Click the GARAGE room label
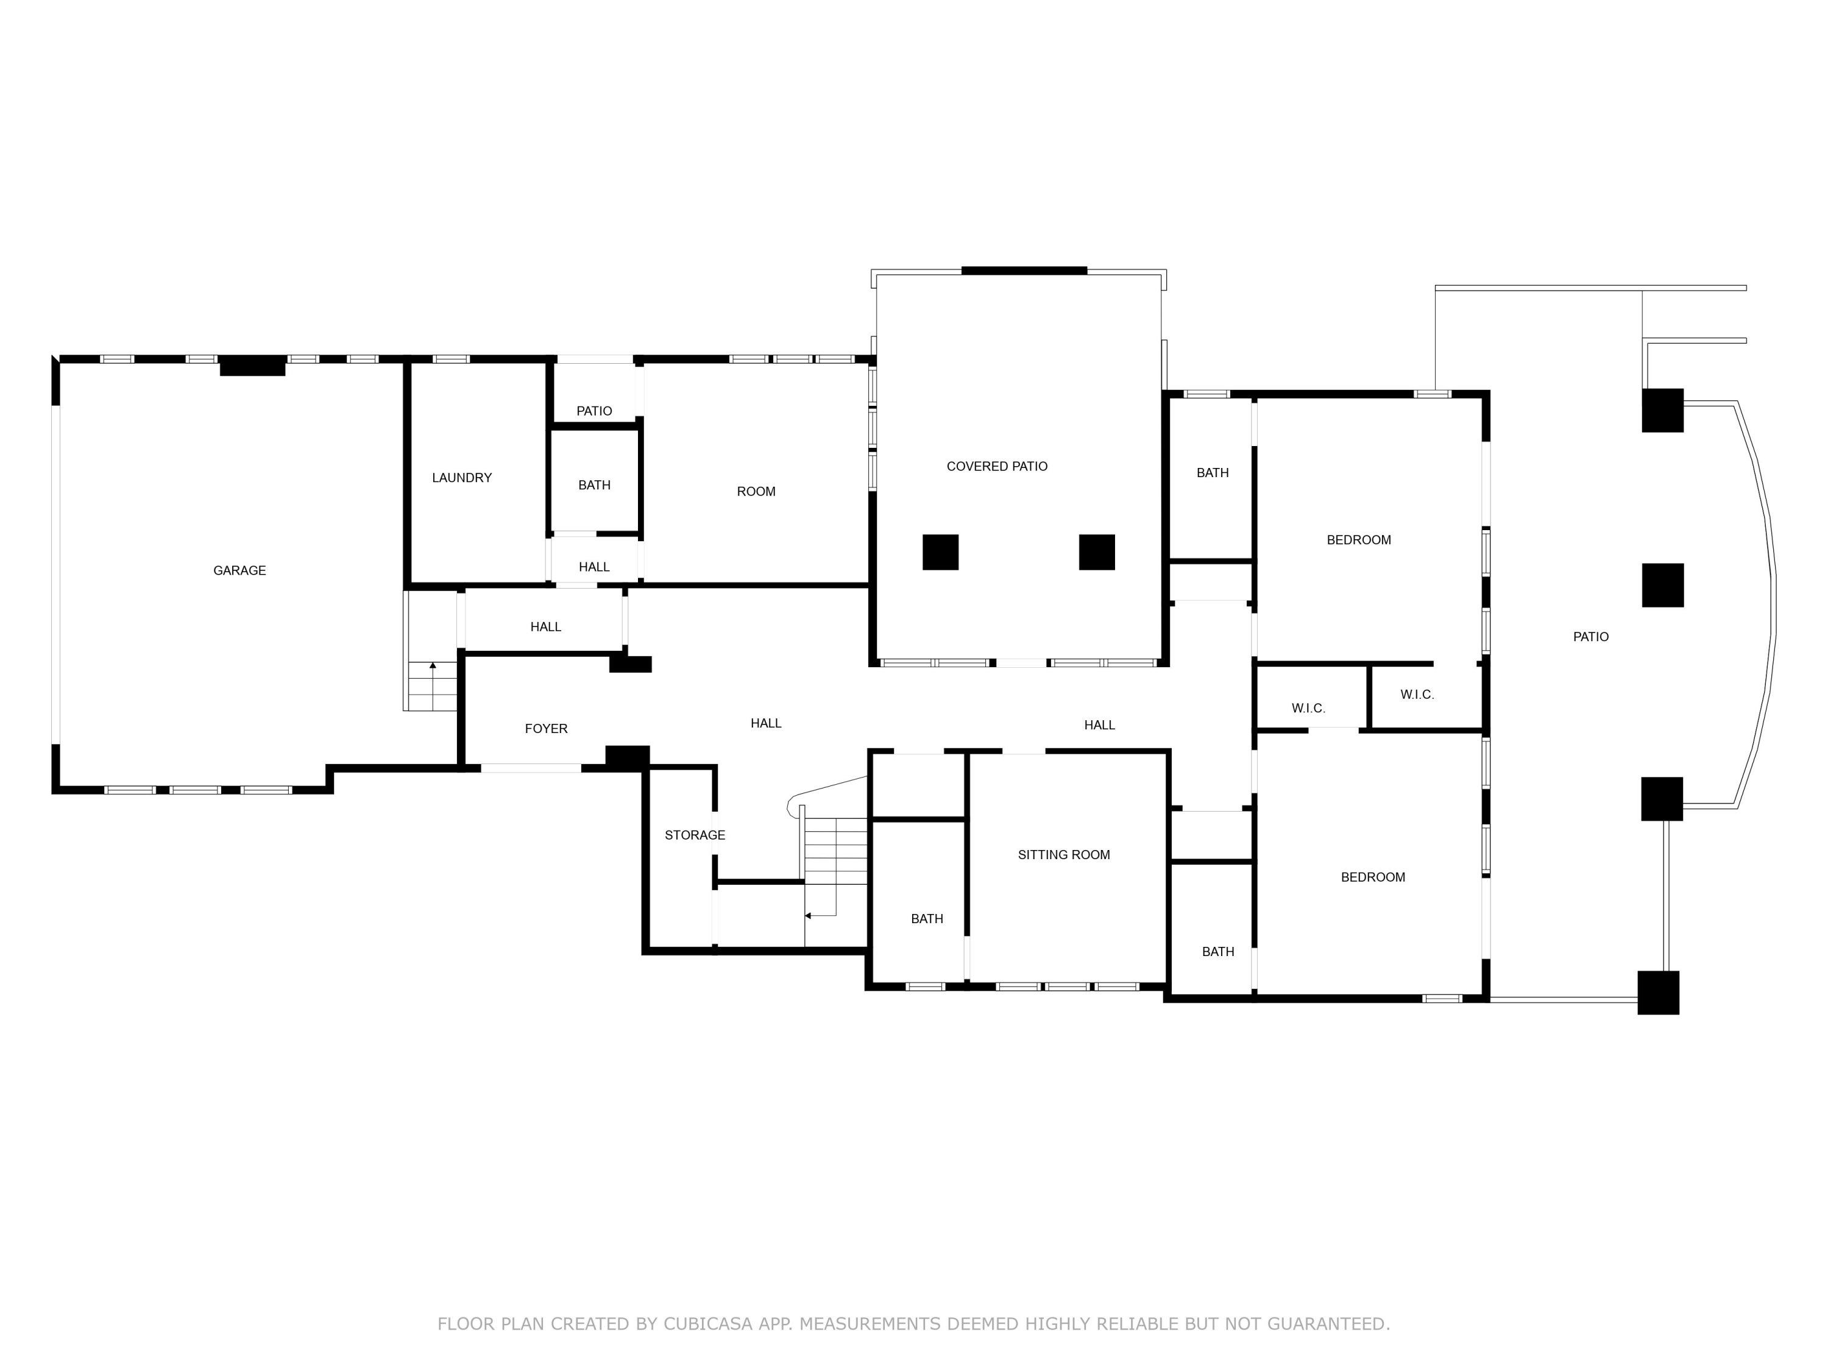[x=239, y=570]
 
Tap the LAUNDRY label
[x=461, y=478]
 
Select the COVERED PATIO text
[x=997, y=466]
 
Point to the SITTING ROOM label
[x=1063, y=854]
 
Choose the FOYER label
[x=545, y=728]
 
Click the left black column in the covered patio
[x=940, y=552]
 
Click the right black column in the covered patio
[x=1097, y=552]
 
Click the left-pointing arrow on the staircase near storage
[x=808, y=916]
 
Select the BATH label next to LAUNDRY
[x=594, y=485]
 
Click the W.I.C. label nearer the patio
[x=1417, y=694]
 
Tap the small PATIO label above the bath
[x=594, y=411]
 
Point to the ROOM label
[x=756, y=491]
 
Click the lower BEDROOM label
[x=1373, y=877]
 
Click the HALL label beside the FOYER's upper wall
[x=545, y=626]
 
